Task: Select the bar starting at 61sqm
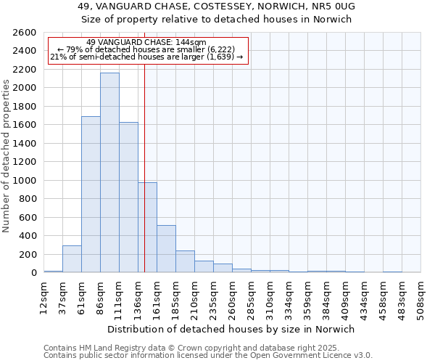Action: [91, 195]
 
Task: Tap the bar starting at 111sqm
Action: [128, 197]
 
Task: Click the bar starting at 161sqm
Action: [166, 249]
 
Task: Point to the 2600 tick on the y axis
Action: [25, 33]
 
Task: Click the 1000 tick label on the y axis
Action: [25, 181]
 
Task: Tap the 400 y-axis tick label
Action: [28, 236]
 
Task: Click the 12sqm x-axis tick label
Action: [43, 298]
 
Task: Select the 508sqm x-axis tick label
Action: [420, 298]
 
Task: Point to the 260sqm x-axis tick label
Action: [232, 298]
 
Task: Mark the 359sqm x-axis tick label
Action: [307, 298]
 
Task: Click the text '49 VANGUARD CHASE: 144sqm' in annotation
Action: [146, 43]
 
